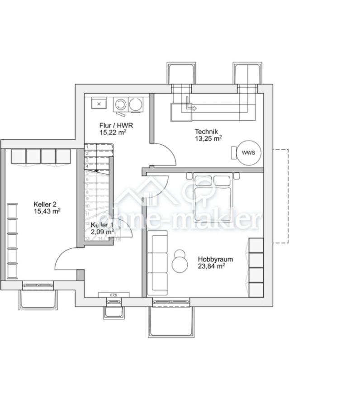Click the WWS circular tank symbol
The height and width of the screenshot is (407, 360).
tap(248, 152)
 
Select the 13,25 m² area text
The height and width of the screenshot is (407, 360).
tap(208, 138)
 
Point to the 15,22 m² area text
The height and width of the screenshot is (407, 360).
tap(113, 133)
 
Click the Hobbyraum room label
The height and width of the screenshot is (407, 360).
tap(215, 260)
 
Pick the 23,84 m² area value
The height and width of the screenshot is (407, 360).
tap(211, 266)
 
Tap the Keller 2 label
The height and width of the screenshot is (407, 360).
tap(45, 204)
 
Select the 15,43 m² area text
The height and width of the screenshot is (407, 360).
tap(47, 211)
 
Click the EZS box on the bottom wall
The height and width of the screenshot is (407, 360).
tap(114, 295)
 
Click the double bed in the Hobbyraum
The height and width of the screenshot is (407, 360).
tap(212, 197)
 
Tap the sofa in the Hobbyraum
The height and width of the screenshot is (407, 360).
tap(157, 262)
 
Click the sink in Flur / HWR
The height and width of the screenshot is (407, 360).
tap(98, 104)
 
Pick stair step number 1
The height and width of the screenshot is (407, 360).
tap(87, 147)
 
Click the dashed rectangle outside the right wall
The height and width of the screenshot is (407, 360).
tap(281, 196)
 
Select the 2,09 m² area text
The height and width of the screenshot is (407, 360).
tap(101, 232)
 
